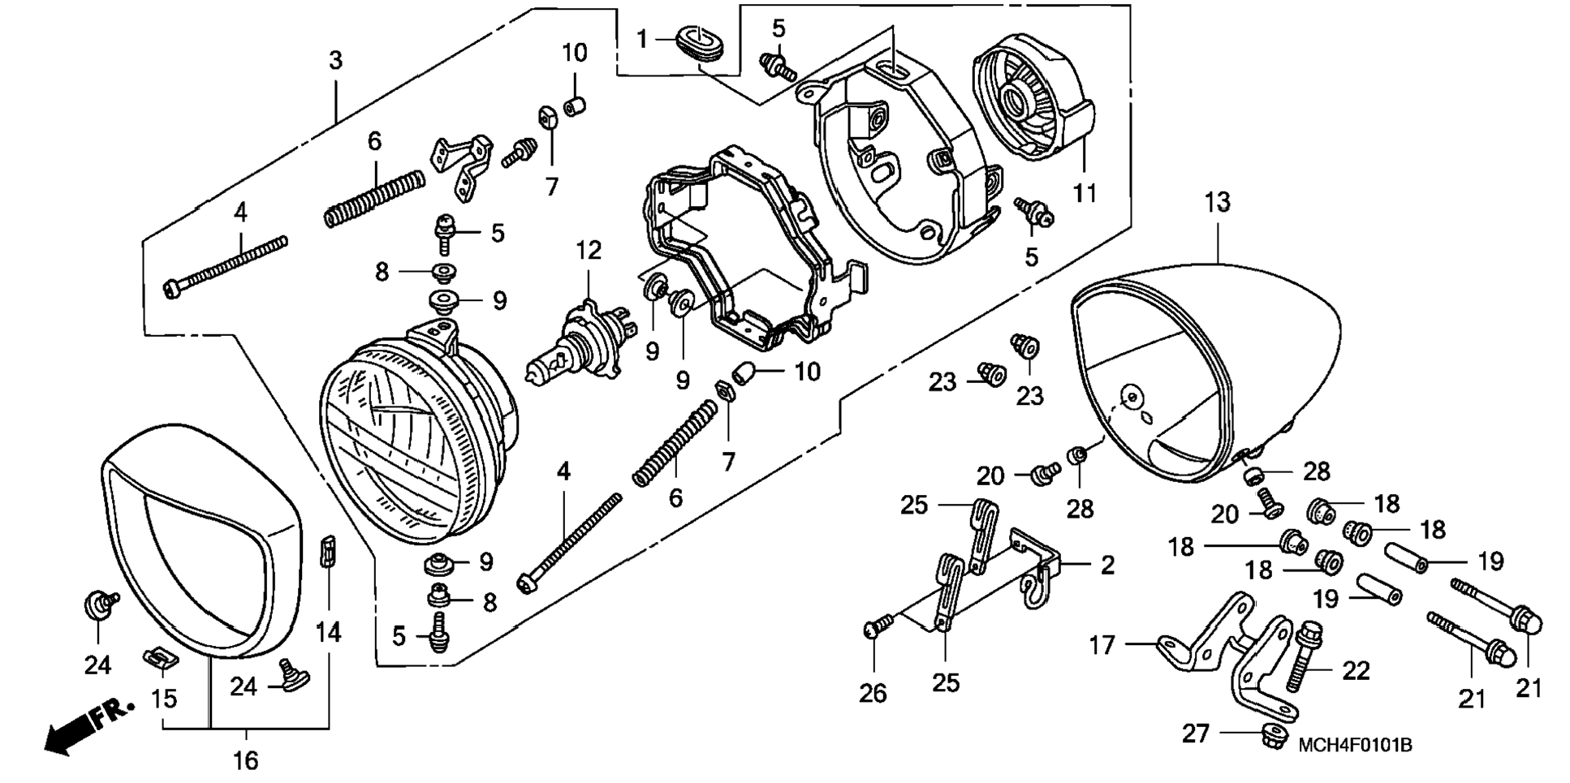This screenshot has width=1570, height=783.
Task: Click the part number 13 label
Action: [x=1218, y=202]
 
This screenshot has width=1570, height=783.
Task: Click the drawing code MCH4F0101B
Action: [x=1355, y=745]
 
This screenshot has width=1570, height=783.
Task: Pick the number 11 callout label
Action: [x=1085, y=193]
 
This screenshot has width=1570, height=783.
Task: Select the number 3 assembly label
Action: [x=335, y=60]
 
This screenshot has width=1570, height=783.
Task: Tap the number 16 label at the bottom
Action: [x=246, y=760]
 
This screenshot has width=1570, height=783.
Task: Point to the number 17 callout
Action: [x=1102, y=646]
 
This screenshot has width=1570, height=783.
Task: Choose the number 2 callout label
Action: [x=1108, y=566]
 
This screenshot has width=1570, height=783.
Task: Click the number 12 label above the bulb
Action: [x=589, y=251]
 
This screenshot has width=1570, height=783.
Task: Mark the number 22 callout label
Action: [x=1356, y=671]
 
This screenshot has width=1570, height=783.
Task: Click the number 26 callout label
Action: [x=873, y=694]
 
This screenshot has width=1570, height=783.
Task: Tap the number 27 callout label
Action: [x=1196, y=734]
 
